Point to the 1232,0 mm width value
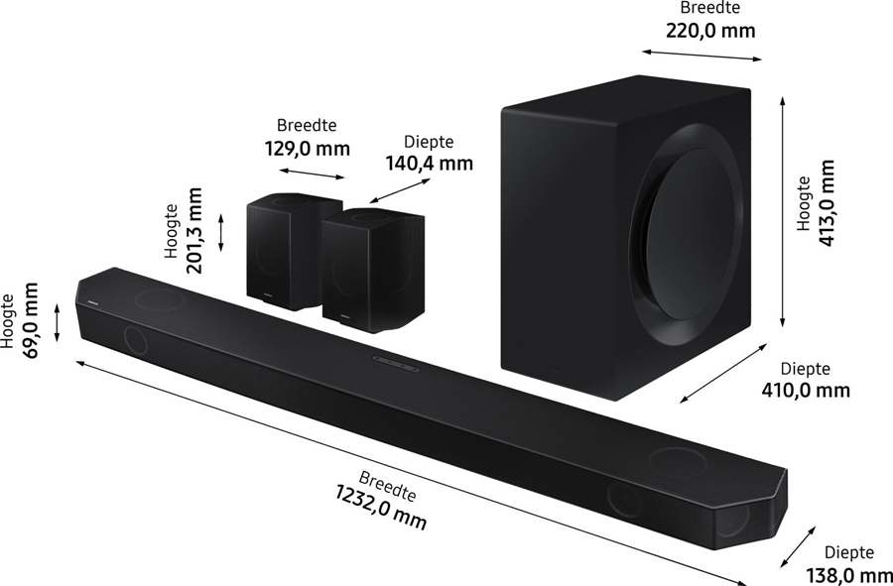tap(381, 505)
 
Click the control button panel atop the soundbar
tap(396, 361)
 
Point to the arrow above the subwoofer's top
tap(701, 53)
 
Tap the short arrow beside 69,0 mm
tap(57, 322)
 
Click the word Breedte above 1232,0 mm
tap(387, 485)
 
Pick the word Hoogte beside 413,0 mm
tap(805, 204)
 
